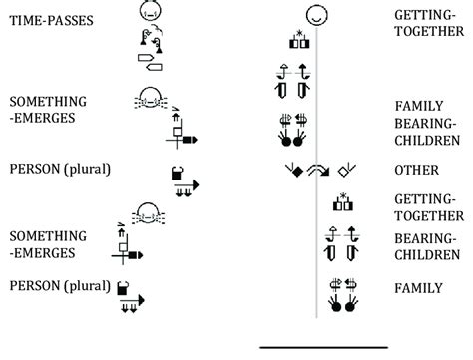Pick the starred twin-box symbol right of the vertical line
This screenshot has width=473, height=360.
point(343,204)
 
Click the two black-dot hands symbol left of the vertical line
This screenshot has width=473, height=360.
point(295,127)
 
